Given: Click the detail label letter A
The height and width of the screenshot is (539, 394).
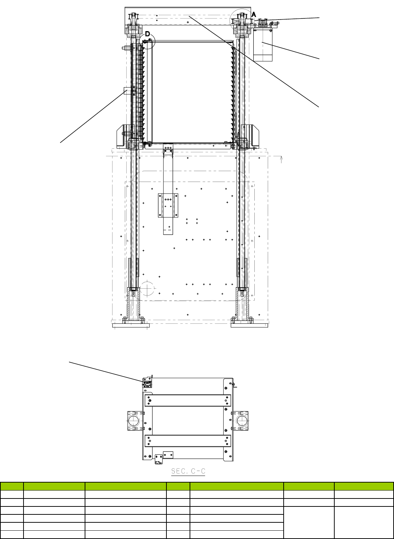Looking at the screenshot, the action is click(x=254, y=15).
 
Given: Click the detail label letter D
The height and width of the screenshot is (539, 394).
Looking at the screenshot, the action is click(x=148, y=34).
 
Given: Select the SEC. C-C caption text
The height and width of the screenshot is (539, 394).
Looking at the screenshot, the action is click(x=188, y=471).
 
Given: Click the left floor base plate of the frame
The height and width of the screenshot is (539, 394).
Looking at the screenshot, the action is click(x=131, y=326).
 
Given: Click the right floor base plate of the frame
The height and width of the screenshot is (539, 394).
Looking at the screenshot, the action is click(x=249, y=326).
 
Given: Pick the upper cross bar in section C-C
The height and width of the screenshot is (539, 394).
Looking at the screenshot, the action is click(x=188, y=400).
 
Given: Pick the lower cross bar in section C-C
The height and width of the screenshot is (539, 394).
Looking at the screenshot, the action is click(x=188, y=441).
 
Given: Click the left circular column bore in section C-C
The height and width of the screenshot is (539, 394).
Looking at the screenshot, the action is click(x=134, y=421).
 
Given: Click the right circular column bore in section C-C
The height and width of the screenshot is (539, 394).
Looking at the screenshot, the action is click(x=242, y=421).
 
